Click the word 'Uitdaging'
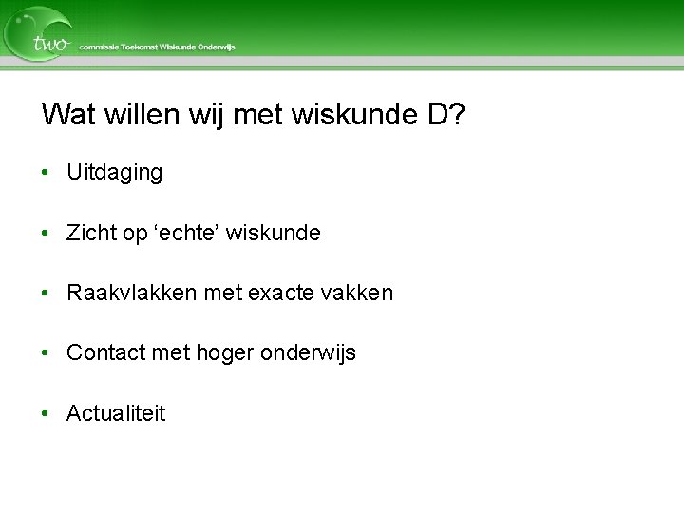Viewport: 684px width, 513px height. click(114, 173)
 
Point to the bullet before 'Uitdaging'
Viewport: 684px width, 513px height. click(46, 173)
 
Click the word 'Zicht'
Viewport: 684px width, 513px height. click(91, 233)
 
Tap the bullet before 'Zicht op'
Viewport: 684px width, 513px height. click(46, 233)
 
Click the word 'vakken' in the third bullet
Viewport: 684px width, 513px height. click(357, 293)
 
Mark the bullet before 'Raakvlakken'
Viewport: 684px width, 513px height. click(46, 293)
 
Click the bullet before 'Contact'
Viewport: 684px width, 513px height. click(46, 352)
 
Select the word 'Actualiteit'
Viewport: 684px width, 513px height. click(116, 413)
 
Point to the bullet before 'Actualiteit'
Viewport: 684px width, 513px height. click(46, 413)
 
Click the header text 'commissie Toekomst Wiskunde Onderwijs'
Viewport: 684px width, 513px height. click(158, 47)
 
